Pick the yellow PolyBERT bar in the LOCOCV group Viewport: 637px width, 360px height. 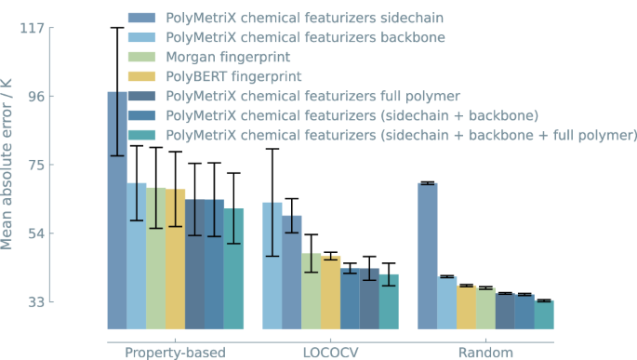(x=330, y=292)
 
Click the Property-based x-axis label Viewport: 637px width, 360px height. (x=175, y=352)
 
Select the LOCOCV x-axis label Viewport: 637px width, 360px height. (x=330, y=352)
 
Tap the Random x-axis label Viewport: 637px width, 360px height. (x=485, y=352)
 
